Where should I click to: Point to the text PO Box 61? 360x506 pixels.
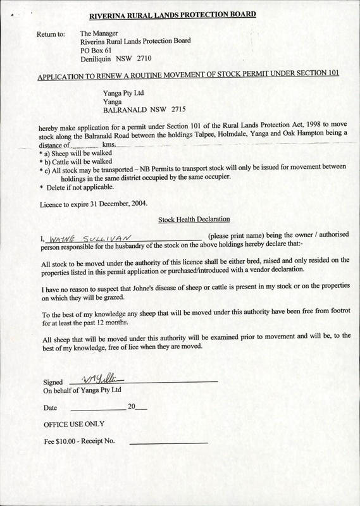99,49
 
